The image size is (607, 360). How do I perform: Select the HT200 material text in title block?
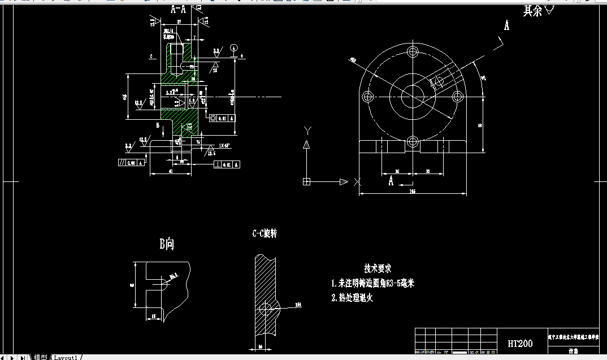tap(519, 344)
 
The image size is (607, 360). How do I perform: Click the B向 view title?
tap(166, 244)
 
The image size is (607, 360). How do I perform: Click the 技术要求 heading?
tap(378, 268)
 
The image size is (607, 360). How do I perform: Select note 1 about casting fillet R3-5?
tap(372, 283)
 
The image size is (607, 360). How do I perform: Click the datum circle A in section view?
tap(235, 47)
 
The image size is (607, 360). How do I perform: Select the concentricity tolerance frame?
tap(222, 118)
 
